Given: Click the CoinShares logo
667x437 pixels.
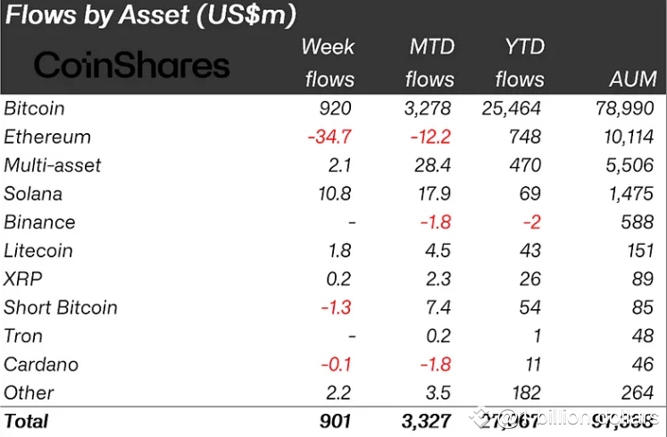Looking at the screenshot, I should coord(132,64).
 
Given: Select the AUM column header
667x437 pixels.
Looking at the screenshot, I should coord(632,80).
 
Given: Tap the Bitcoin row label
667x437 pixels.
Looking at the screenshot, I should coord(34,108).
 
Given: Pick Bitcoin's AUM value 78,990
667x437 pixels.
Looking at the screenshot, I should coord(626,109).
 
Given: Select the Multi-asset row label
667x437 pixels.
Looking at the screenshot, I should coord(53,165).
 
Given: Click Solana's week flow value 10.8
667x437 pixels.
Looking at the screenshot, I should coord(334,194).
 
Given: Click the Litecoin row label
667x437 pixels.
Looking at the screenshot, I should coord(38,251).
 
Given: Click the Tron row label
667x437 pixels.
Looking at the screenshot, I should coord(23,336).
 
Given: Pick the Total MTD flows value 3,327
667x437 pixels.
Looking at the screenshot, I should coord(427,421).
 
